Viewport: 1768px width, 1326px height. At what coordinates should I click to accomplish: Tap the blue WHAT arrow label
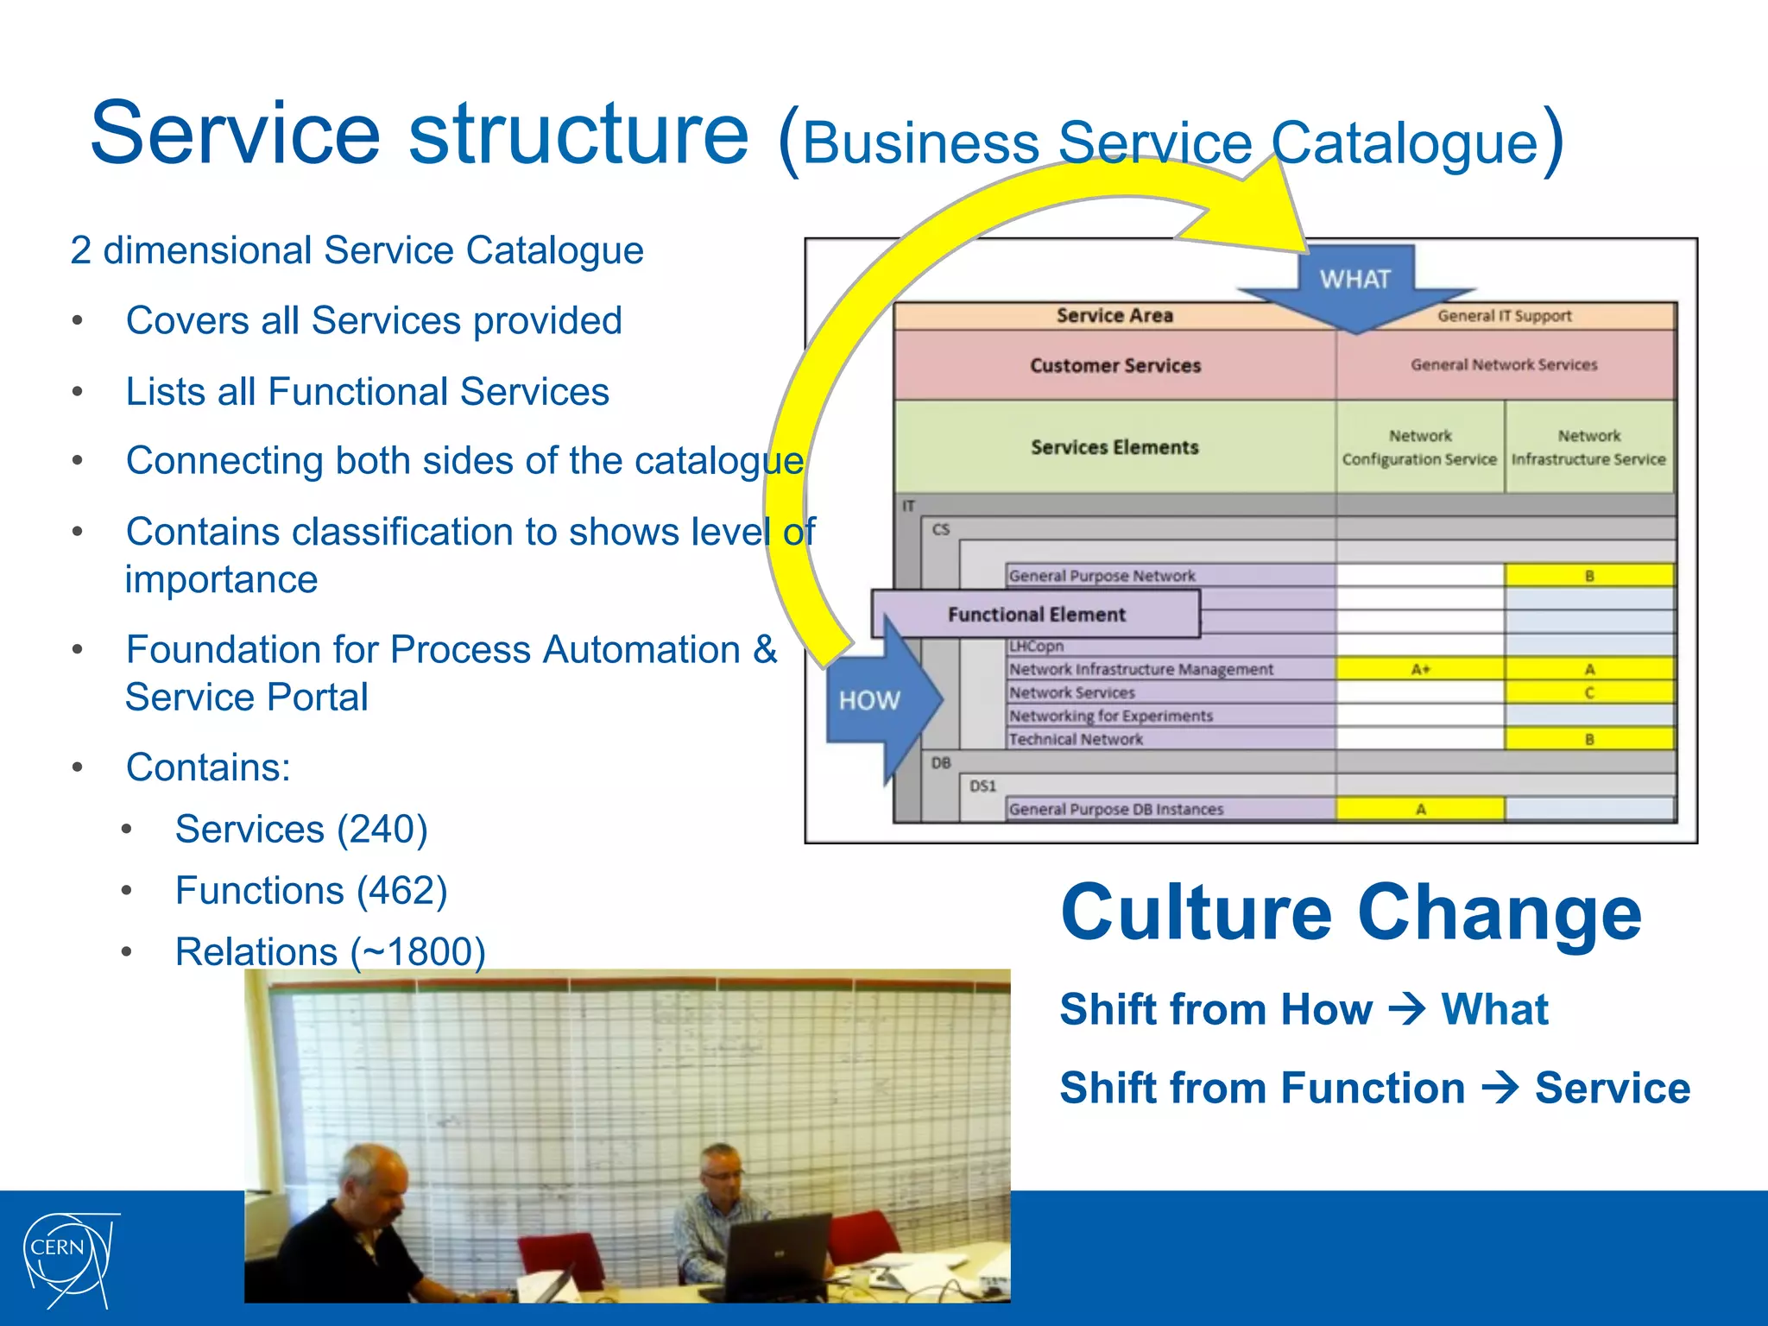1354,280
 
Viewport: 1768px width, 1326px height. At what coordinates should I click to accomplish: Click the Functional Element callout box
1036,615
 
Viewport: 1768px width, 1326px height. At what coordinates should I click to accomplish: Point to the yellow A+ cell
1420,669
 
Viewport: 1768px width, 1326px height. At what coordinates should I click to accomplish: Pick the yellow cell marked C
1589,692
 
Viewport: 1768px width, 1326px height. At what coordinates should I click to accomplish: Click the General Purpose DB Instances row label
1116,810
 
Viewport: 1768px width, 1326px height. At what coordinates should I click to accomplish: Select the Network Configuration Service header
1420,448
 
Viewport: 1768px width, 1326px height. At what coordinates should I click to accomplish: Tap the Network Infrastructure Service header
1589,448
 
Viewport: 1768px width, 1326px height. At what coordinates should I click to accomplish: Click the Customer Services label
1115,366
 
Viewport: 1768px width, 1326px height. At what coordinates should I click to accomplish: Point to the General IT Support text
1504,316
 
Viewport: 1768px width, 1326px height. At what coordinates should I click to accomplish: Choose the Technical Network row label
1076,740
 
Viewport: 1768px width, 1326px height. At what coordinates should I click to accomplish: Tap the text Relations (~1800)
330,952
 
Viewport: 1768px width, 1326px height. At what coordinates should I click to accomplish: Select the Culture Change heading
1351,913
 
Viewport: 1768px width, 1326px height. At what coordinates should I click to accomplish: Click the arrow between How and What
1407,1009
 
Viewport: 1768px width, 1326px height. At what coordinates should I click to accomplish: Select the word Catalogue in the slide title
1405,142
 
